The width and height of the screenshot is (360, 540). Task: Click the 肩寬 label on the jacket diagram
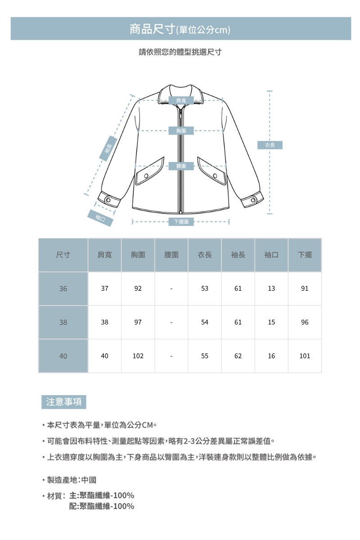[181, 99]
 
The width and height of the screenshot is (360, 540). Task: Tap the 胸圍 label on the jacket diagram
[181, 131]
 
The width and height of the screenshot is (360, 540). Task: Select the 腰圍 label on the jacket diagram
[181, 166]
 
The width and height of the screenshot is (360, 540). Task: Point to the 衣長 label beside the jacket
[270, 145]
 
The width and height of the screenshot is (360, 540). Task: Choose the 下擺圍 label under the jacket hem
[181, 221]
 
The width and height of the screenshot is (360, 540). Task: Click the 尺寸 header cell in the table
[63, 255]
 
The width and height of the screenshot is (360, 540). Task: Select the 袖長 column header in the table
[238, 255]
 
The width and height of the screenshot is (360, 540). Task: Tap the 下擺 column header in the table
[305, 255]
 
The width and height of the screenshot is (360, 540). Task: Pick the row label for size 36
[63, 289]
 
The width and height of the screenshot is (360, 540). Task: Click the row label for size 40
[63, 356]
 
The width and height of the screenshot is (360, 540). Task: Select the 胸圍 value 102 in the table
[138, 356]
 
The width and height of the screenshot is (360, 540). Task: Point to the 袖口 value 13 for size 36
[271, 289]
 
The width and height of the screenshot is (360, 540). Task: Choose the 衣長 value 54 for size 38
[205, 323]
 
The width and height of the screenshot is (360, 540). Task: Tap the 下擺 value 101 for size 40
[305, 356]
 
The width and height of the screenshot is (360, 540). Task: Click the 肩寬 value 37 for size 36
[105, 289]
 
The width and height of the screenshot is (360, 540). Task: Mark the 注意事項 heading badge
[64, 402]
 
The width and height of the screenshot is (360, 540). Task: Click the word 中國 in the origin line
[89, 480]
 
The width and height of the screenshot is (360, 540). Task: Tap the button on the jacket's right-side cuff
[253, 199]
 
